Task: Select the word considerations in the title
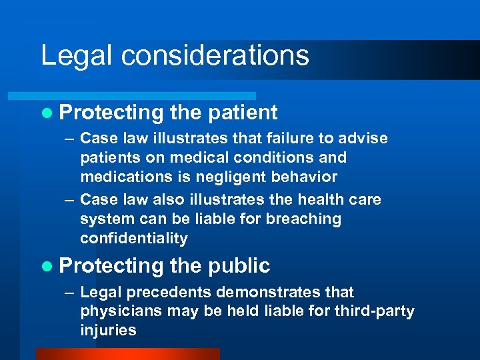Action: [216, 55]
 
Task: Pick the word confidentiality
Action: [134, 239]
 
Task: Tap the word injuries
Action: [108, 331]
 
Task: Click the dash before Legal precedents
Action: [70, 293]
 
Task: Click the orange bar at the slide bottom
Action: [127, 354]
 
